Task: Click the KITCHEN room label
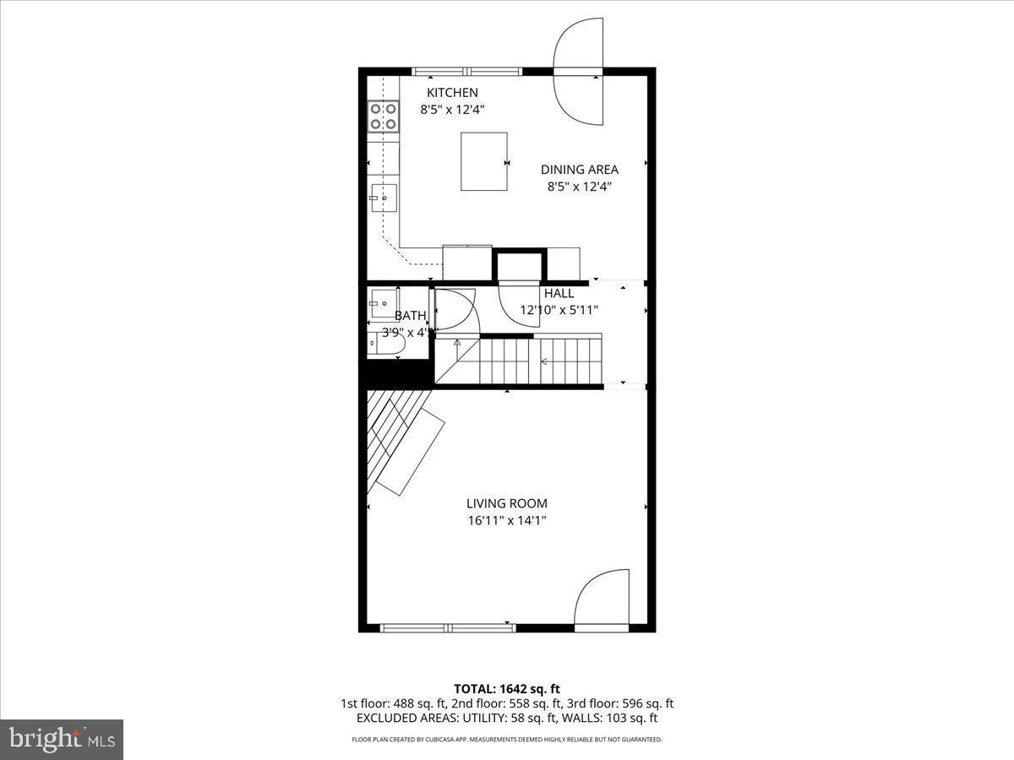point(452,93)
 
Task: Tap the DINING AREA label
point(580,170)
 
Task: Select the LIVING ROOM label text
point(507,504)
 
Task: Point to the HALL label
point(559,294)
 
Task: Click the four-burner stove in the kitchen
point(383,116)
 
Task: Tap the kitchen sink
point(383,198)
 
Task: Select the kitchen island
point(483,161)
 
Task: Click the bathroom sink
point(384,302)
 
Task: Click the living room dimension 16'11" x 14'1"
point(507,521)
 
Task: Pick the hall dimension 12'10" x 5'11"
point(559,310)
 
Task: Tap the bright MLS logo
point(62,739)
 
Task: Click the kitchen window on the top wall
point(467,72)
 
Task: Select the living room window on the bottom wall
point(447,627)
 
